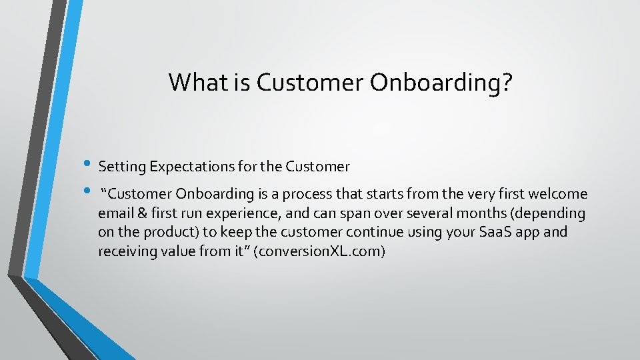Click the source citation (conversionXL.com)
(x=319, y=252)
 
